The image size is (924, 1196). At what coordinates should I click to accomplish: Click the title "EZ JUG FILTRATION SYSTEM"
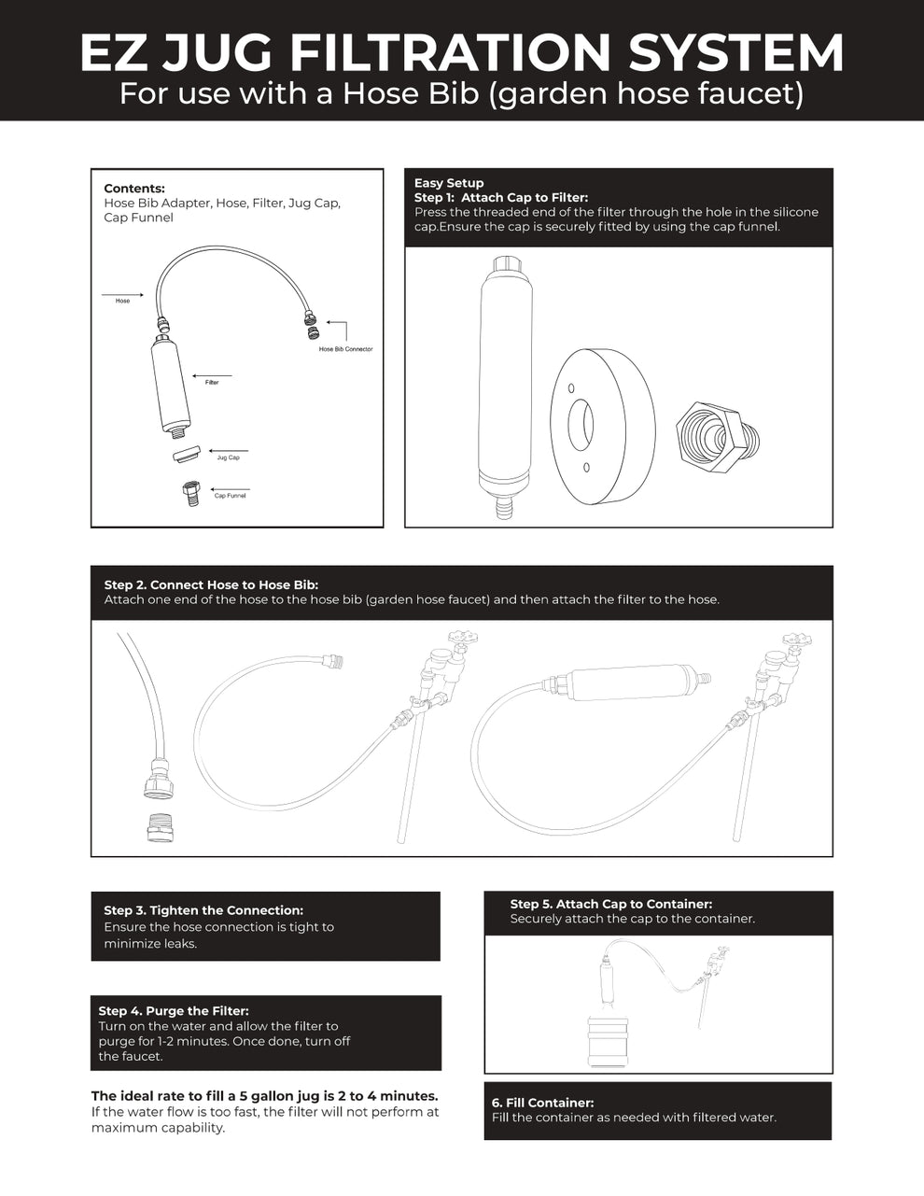[462, 52]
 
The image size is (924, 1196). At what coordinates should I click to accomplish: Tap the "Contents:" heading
[134, 189]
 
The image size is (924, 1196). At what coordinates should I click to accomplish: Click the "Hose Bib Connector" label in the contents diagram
[345, 349]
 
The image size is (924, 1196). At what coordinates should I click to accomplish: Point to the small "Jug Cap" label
[228, 457]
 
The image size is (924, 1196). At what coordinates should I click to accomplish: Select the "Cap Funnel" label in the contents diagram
[230, 496]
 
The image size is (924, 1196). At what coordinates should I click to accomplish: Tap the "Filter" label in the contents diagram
[212, 383]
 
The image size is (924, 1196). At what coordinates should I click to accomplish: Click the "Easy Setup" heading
[449, 183]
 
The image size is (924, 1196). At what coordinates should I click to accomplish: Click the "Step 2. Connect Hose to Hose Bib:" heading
[211, 585]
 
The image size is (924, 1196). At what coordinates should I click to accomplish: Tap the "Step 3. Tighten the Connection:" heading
[203, 910]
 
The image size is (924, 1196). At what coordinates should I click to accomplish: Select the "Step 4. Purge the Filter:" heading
[174, 1011]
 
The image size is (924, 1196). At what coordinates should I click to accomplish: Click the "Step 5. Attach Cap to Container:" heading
[610, 904]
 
